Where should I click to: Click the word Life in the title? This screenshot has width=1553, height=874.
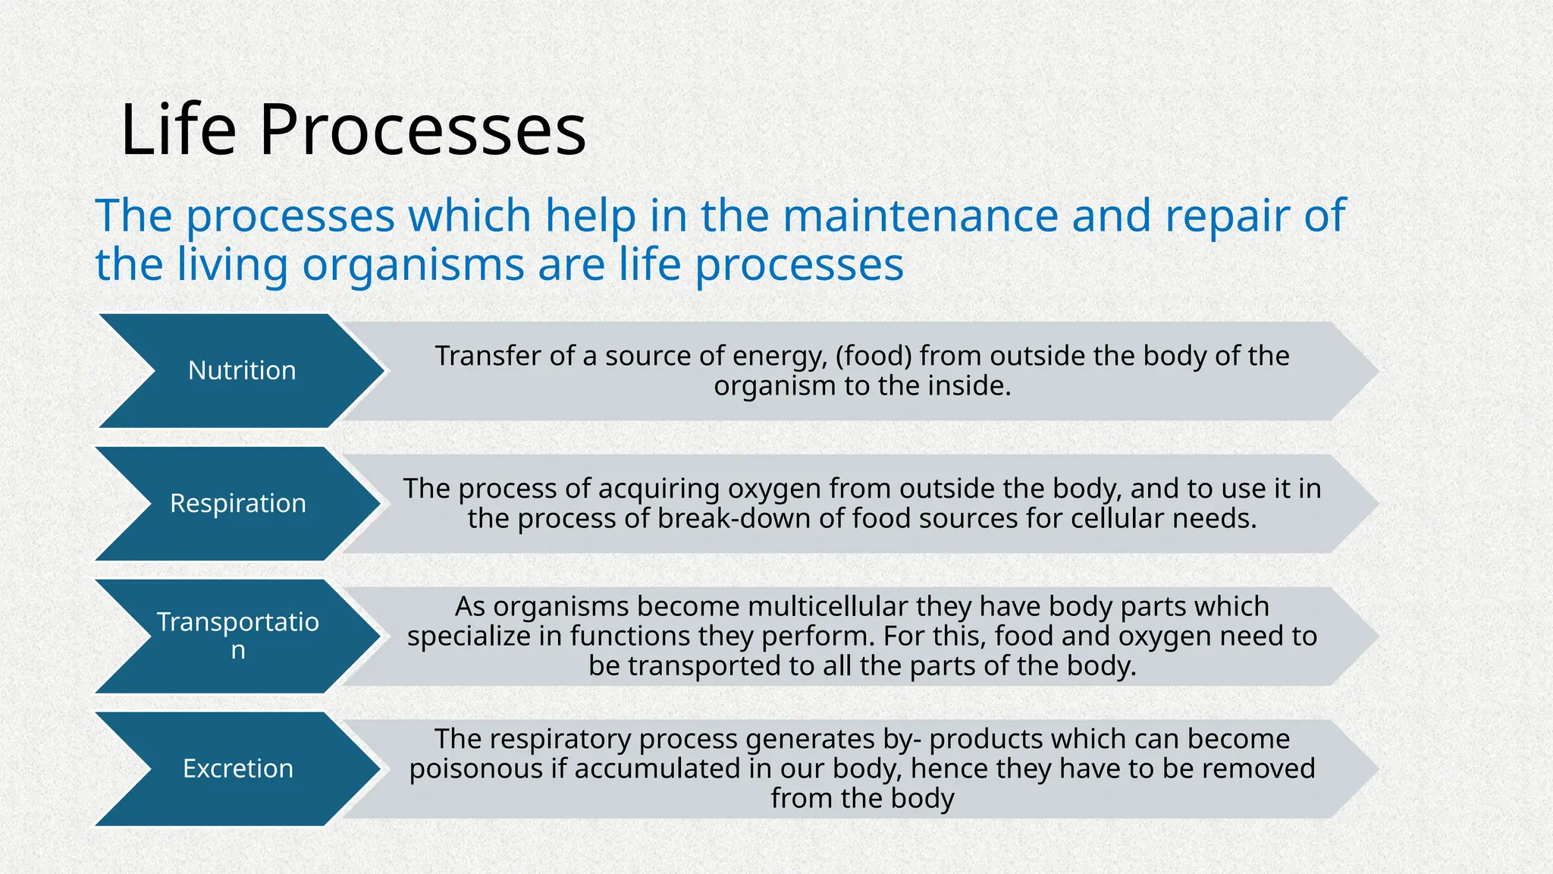[178, 130]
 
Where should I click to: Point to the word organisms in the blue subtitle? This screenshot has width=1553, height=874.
[413, 266]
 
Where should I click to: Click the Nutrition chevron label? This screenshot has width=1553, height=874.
[242, 370]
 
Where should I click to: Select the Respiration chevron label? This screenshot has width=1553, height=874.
[237, 503]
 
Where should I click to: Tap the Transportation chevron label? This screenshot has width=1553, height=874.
[237, 635]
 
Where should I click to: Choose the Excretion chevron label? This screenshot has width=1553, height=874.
[237, 769]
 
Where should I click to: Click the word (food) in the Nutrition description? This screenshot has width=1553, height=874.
[873, 356]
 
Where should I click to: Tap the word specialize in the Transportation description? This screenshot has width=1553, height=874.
[469, 636]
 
